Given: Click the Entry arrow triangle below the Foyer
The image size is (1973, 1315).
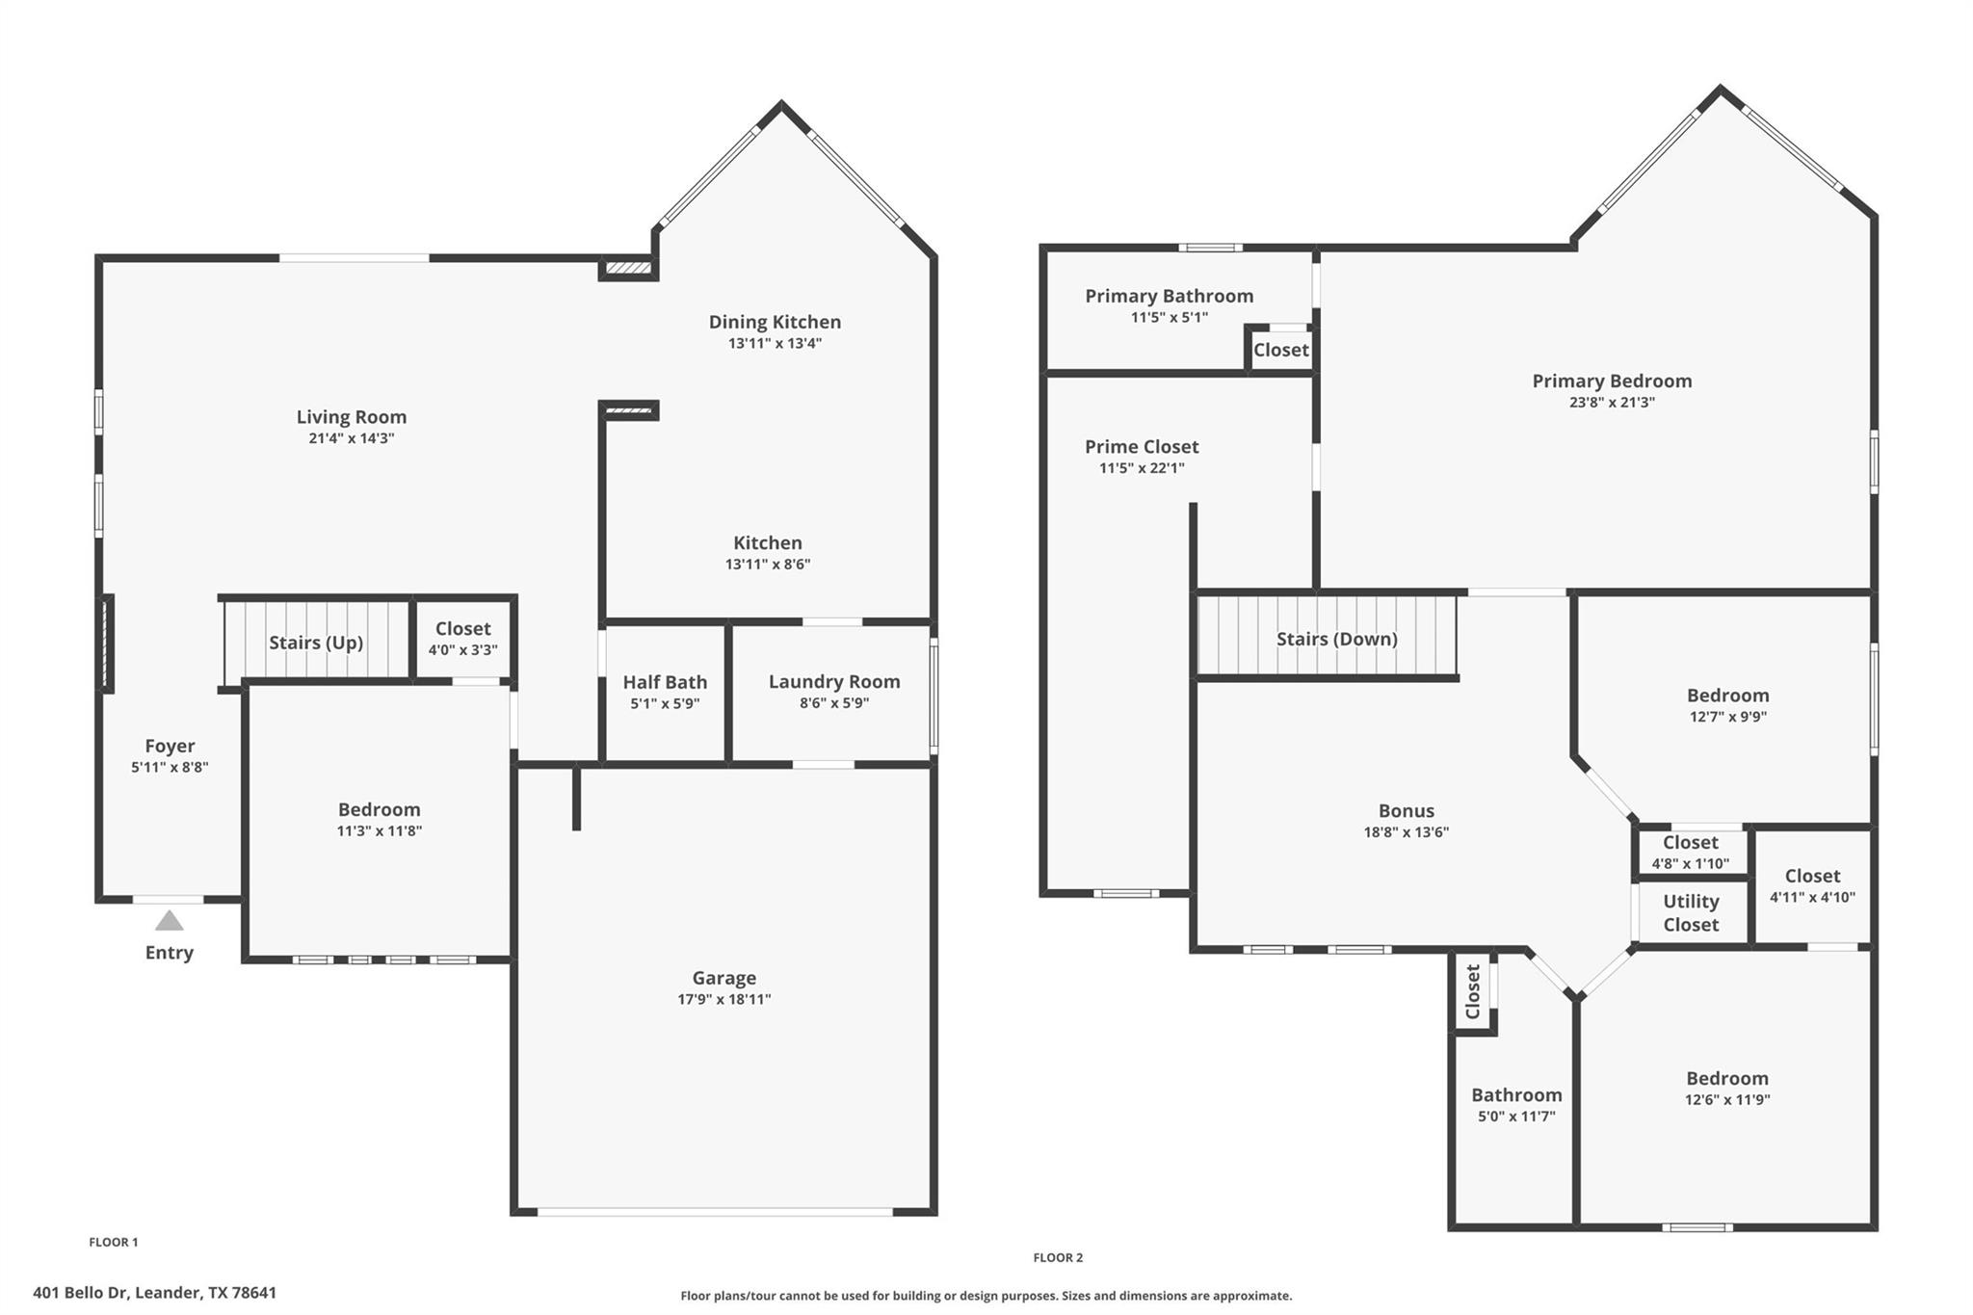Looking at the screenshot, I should tap(170, 922).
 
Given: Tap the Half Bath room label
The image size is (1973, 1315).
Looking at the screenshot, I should tap(665, 682).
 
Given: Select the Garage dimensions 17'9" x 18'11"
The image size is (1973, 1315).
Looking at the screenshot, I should tap(723, 999).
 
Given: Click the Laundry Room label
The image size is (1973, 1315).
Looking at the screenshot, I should tap(834, 681).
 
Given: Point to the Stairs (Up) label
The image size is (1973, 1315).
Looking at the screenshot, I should tap(316, 643).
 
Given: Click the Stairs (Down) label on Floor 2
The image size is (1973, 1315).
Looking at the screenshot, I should tap(1336, 639).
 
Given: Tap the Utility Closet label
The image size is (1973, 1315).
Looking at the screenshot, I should tap(1691, 912).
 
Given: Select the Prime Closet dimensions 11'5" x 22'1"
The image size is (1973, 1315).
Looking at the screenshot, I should tap(1142, 468).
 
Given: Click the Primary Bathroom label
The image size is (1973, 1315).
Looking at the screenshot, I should tap(1169, 296).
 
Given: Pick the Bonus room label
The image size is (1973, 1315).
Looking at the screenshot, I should tap(1406, 810).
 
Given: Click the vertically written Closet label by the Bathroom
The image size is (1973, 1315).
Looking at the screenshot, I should tap(1473, 992).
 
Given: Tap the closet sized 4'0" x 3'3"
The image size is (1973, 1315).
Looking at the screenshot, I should tap(462, 639).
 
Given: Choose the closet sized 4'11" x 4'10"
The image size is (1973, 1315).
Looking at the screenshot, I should tap(1812, 885).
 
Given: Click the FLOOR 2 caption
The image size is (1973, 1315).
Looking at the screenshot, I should tap(1058, 1257).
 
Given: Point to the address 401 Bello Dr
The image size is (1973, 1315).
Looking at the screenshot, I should tap(154, 1293).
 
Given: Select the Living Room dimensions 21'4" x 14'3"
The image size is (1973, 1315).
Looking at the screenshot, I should tap(351, 438).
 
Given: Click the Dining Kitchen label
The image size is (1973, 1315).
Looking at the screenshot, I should tap(775, 322).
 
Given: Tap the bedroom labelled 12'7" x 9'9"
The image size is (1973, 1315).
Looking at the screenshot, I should tap(1727, 704).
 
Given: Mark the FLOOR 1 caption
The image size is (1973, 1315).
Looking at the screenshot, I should tap(114, 1242).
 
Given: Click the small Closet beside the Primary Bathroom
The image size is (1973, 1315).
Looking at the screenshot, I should tap(1280, 350).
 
